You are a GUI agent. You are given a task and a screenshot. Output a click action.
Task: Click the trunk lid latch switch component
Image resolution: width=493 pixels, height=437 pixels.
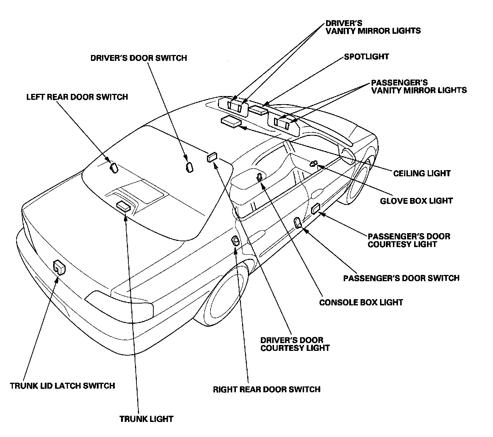pyautogui.click(x=59, y=267)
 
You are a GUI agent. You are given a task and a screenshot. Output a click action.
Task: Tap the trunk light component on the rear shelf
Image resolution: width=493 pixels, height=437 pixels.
pyautogui.click(x=123, y=206)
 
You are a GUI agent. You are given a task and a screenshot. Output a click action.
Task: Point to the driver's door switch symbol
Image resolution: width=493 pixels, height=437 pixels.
pyautogui.click(x=189, y=167)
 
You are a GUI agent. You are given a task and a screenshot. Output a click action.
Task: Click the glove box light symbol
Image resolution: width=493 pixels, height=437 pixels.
pyautogui.click(x=314, y=163)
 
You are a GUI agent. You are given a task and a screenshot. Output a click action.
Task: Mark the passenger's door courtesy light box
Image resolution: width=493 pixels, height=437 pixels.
pyautogui.click(x=315, y=209)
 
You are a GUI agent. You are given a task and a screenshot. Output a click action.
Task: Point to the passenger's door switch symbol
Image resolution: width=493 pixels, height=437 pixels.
pyautogui.click(x=298, y=223)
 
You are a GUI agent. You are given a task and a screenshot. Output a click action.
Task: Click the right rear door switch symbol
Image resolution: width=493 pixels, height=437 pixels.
pyautogui.click(x=235, y=240)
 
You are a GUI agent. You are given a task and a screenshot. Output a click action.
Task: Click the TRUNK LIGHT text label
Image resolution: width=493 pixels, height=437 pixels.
pyautogui.click(x=146, y=419)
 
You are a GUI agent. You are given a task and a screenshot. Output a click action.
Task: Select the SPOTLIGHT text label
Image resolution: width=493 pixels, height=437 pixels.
pyautogui.click(x=366, y=57)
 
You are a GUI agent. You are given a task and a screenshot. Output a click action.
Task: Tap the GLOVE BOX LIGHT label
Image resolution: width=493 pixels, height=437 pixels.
pyautogui.click(x=416, y=201)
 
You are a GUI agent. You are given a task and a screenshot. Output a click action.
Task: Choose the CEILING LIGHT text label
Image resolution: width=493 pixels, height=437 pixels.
pyautogui.click(x=422, y=173)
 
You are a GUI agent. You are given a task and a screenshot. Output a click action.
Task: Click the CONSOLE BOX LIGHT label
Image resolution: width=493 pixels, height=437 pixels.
pyautogui.click(x=361, y=302)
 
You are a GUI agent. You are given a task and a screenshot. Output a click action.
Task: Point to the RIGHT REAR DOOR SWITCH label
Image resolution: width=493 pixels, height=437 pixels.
pyautogui.click(x=267, y=389)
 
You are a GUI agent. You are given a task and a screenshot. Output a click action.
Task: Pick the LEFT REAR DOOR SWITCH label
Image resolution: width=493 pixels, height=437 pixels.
pyautogui.click(x=77, y=97)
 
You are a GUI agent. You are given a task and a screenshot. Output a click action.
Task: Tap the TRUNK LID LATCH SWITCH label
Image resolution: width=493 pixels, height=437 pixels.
pyautogui.click(x=62, y=386)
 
